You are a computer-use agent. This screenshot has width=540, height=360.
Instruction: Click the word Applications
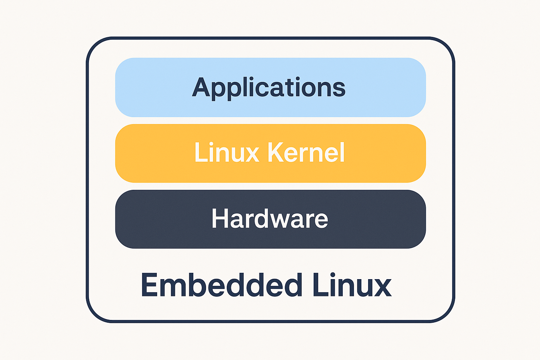click(x=269, y=88)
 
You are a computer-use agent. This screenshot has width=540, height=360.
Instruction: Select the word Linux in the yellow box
click(x=227, y=152)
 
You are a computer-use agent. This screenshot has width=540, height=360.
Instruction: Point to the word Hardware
click(x=270, y=218)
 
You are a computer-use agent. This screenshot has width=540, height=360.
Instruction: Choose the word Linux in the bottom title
click(x=352, y=285)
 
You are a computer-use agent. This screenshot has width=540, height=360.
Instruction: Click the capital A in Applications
click(x=201, y=87)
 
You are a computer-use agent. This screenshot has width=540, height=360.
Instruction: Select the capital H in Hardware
click(x=220, y=218)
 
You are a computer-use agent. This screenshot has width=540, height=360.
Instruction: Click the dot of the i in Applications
click(x=298, y=79)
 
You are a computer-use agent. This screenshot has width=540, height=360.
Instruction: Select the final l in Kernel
click(x=342, y=152)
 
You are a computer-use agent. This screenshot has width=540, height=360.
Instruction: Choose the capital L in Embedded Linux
click(x=320, y=285)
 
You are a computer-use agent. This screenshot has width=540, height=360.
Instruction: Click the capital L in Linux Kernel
click(x=201, y=152)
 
